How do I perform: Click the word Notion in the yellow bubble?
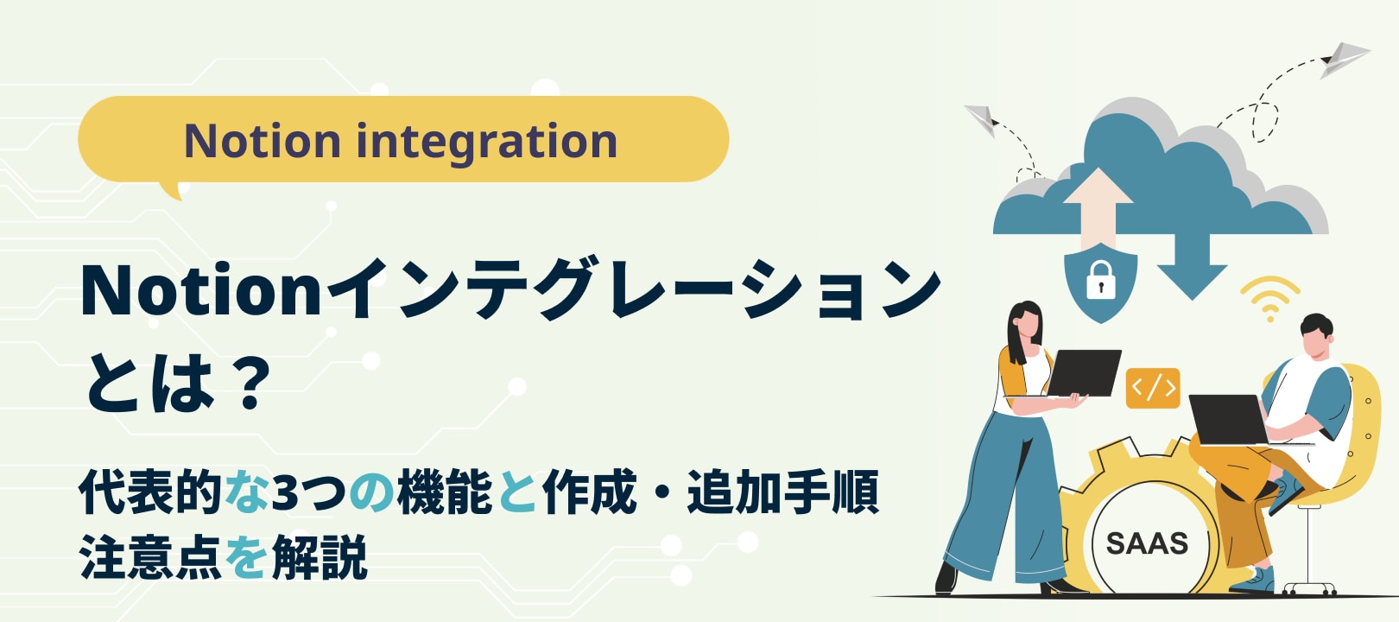(x=263, y=141)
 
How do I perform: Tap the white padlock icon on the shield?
(x=1100, y=280)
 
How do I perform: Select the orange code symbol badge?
(x=1153, y=389)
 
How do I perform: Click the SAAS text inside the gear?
(x=1148, y=543)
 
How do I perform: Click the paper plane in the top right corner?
(x=1344, y=60)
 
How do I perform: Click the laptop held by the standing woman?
(x=1082, y=373)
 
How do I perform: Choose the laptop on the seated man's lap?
(x=1229, y=420)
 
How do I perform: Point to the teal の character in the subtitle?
(x=371, y=493)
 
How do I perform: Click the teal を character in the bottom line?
(x=246, y=557)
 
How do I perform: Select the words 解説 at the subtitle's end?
(x=320, y=557)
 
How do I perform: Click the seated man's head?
(x=1317, y=336)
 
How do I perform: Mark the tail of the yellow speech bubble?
(x=172, y=190)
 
